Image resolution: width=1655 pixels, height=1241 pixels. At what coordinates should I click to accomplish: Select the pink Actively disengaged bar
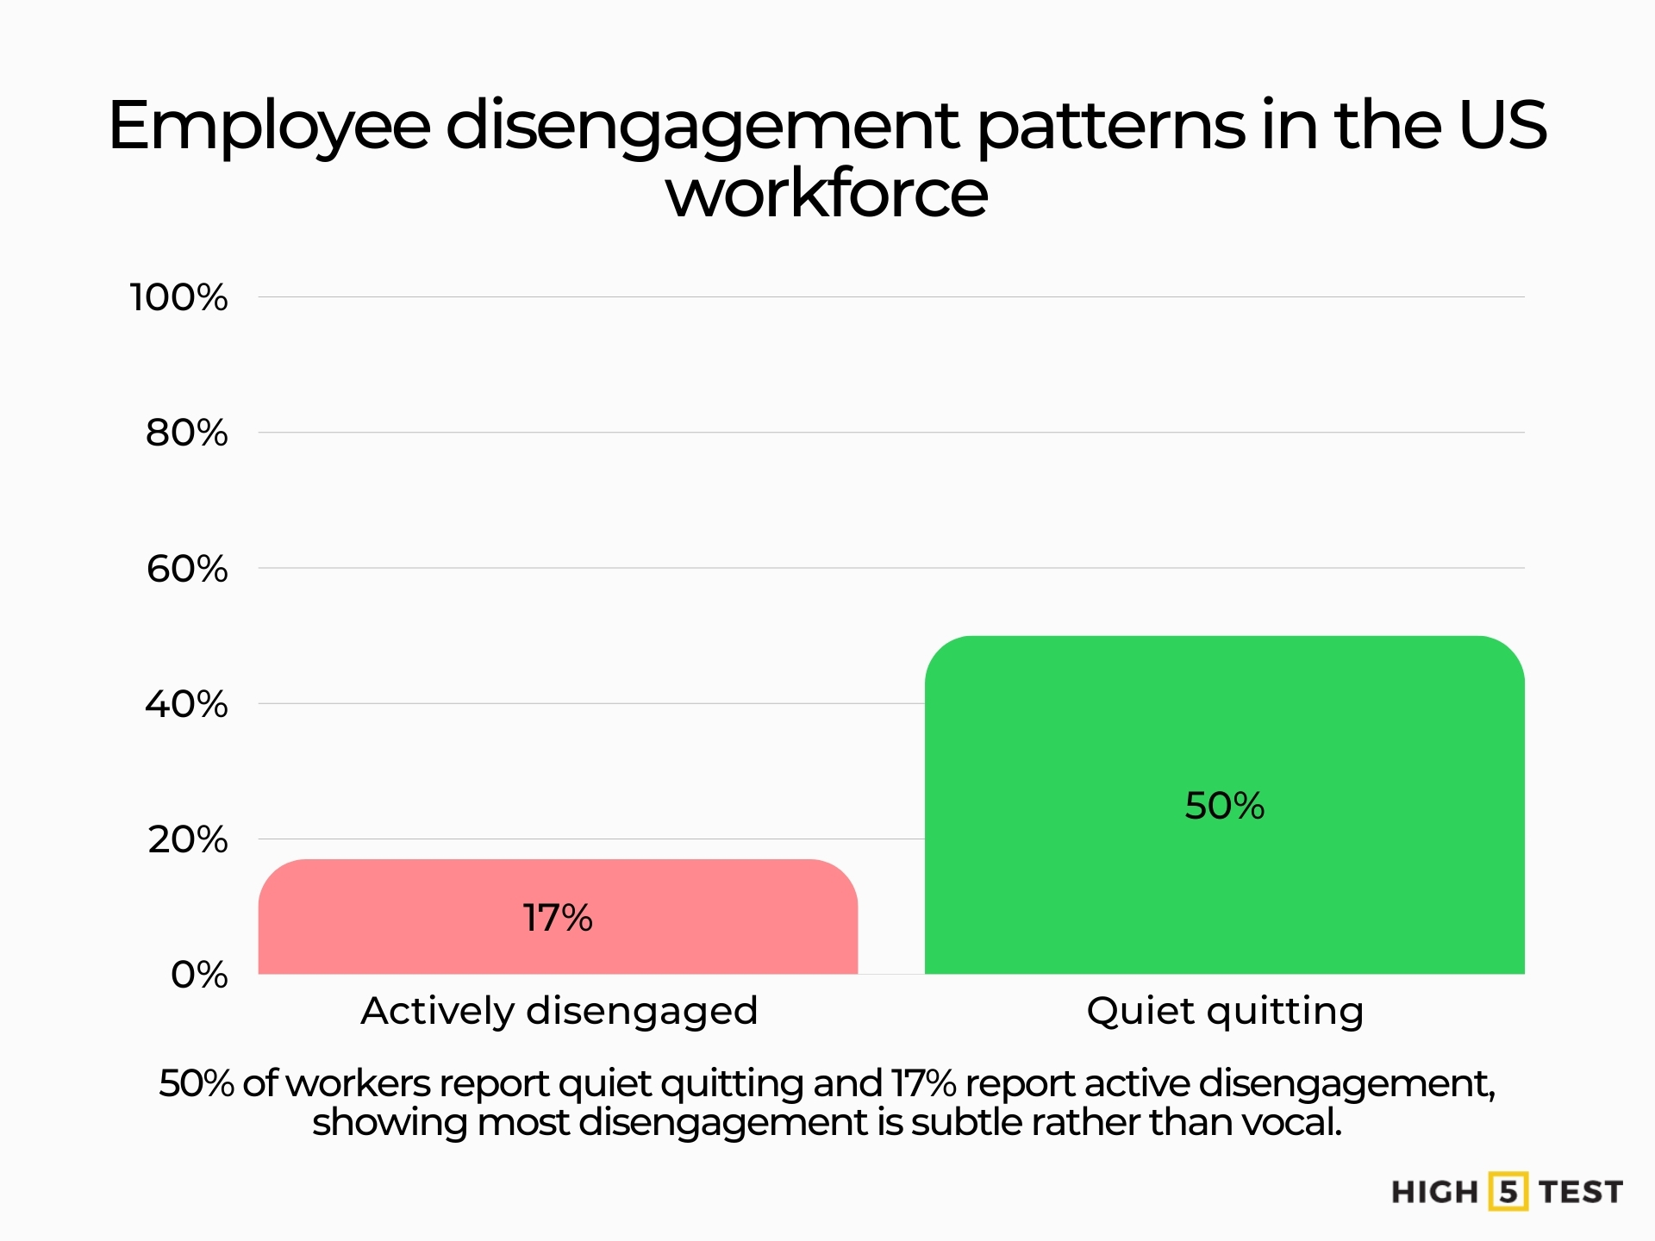coord(558,948)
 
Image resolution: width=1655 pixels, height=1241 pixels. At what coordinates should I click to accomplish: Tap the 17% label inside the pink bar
coord(558,918)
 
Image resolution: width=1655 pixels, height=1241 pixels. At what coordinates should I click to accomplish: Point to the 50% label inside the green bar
coord(1224,806)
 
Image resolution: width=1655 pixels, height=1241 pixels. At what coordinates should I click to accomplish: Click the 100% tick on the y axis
coord(178,297)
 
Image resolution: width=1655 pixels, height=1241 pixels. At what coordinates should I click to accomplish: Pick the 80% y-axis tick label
coord(186,433)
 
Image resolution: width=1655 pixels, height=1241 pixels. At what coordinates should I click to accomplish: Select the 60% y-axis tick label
coord(186,569)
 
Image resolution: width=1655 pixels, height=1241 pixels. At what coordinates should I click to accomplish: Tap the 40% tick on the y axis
coord(186,704)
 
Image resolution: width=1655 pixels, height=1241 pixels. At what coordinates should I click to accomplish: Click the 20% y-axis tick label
coord(186,839)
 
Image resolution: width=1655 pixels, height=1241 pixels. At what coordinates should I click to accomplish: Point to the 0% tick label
coord(199,975)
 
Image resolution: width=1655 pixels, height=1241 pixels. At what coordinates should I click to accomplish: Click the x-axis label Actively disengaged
coord(559,1011)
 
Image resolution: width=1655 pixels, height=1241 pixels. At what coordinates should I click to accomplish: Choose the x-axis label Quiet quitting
coord(1225,1011)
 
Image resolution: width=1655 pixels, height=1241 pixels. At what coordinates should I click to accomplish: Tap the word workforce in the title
coord(827,193)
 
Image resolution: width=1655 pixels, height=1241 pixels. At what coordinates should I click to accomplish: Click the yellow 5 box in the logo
coord(1508,1192)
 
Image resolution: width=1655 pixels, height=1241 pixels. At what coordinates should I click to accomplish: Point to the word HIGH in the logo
coord(1434,1193)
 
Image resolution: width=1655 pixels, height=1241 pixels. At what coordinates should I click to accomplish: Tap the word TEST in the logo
coord(1581,1193)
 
